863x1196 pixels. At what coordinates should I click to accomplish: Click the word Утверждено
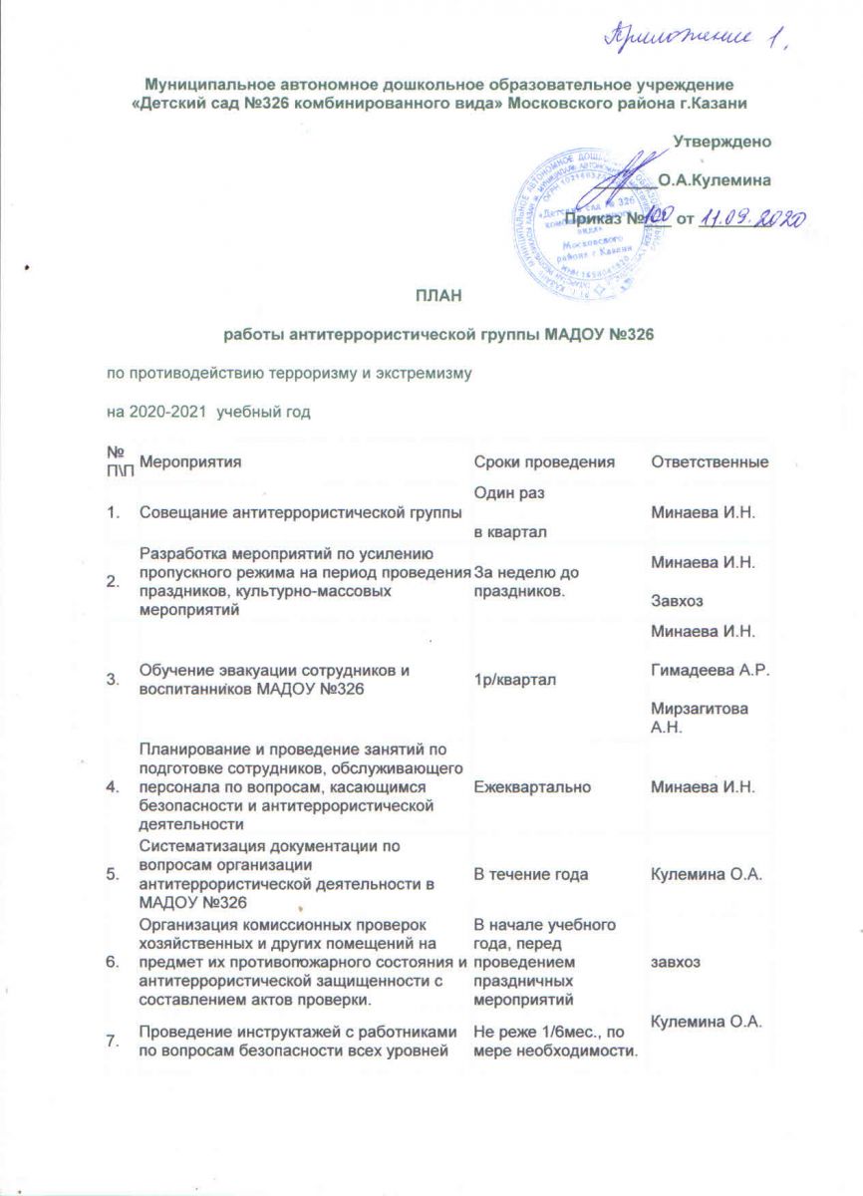pos(722,142)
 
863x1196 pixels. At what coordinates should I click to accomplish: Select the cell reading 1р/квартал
pos(509,679)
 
